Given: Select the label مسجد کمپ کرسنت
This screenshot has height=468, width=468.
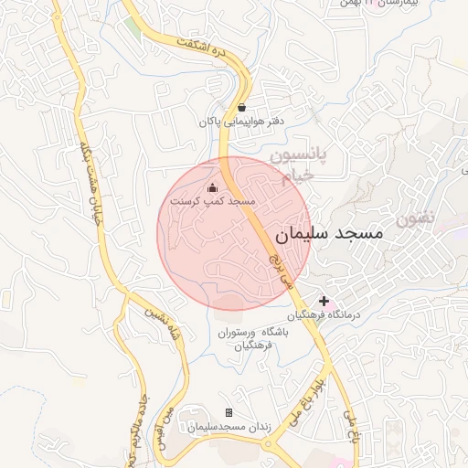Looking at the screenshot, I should click(x=213, y=200).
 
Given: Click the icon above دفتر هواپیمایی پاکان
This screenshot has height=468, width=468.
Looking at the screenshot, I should click(x=241, y=108).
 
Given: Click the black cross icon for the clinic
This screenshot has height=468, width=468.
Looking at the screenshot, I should click(x=324, y=301).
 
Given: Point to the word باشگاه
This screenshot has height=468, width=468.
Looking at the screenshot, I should click(x=274, y=333).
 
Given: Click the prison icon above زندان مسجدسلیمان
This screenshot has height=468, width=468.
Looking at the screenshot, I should click(x=229, y=413).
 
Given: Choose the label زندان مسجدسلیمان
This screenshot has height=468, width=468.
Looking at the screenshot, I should click(x=227, y=427).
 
